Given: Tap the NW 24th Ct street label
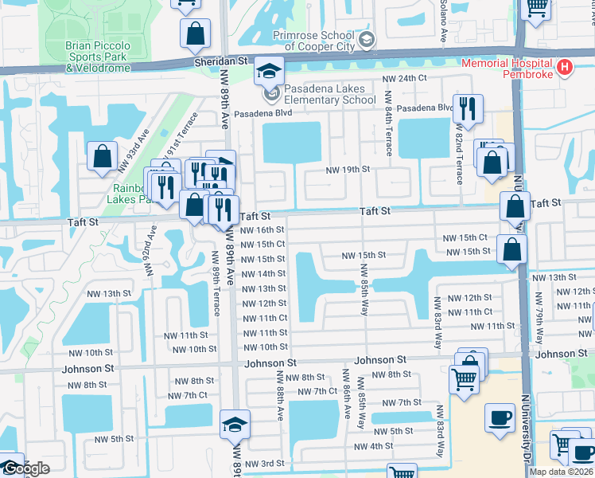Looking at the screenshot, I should [x=404, y=79].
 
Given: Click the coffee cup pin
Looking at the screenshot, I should [x=500, y=419].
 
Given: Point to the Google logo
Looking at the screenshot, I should [x=25, y=468].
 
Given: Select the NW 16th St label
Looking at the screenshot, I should [x=263, y=230].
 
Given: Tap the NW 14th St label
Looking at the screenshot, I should [x=263, y=274].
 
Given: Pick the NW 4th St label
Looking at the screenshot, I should [x=369, y=446].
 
